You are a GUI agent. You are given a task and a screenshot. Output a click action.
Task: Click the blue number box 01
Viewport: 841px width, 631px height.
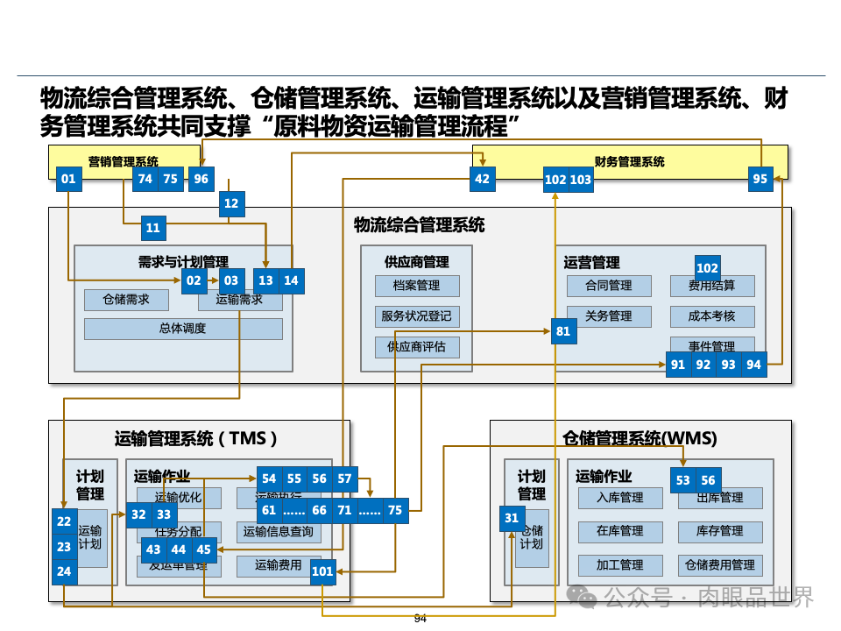(68, 180)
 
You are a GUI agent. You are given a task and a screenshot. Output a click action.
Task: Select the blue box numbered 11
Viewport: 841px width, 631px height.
(153, 228)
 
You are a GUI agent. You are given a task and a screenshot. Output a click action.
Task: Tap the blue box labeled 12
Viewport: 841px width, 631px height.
(231, 203)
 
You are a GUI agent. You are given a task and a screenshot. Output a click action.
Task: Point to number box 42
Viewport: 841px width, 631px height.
(482, 180)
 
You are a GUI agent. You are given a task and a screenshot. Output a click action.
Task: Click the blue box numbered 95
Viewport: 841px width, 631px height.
(760, 180)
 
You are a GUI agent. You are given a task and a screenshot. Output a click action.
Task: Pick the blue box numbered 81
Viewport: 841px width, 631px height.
(562, 331)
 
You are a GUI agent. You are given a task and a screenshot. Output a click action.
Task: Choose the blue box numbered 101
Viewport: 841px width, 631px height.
(322, 572)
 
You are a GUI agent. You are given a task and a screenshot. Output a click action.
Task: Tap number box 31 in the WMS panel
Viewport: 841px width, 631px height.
(512, 518)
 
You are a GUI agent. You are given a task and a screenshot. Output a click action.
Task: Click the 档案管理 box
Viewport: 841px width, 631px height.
(416, 286)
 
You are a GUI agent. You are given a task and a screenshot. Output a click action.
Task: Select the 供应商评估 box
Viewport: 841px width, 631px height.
(416, 347)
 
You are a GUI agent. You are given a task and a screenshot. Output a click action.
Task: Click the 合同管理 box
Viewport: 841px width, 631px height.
(609, 286)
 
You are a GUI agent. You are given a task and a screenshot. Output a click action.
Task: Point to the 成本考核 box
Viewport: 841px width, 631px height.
(711, 315)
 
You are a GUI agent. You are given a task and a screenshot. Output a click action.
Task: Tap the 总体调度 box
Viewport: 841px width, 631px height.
(183, 329)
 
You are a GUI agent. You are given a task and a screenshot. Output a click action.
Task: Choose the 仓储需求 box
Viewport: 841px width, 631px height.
(126, 300)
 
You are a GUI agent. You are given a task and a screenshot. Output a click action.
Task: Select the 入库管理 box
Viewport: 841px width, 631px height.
(620, 498)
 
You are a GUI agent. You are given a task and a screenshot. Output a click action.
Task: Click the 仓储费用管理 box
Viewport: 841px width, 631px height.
(720, 565)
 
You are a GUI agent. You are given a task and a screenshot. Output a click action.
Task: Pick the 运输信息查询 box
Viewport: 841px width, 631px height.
(278, 532)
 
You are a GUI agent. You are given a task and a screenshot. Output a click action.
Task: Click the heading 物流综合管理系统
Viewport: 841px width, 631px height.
(419, 225)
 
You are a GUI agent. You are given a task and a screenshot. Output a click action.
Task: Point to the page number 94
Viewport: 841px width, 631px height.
(420, 619)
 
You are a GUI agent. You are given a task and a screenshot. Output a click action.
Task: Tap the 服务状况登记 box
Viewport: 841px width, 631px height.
(416, 316)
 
